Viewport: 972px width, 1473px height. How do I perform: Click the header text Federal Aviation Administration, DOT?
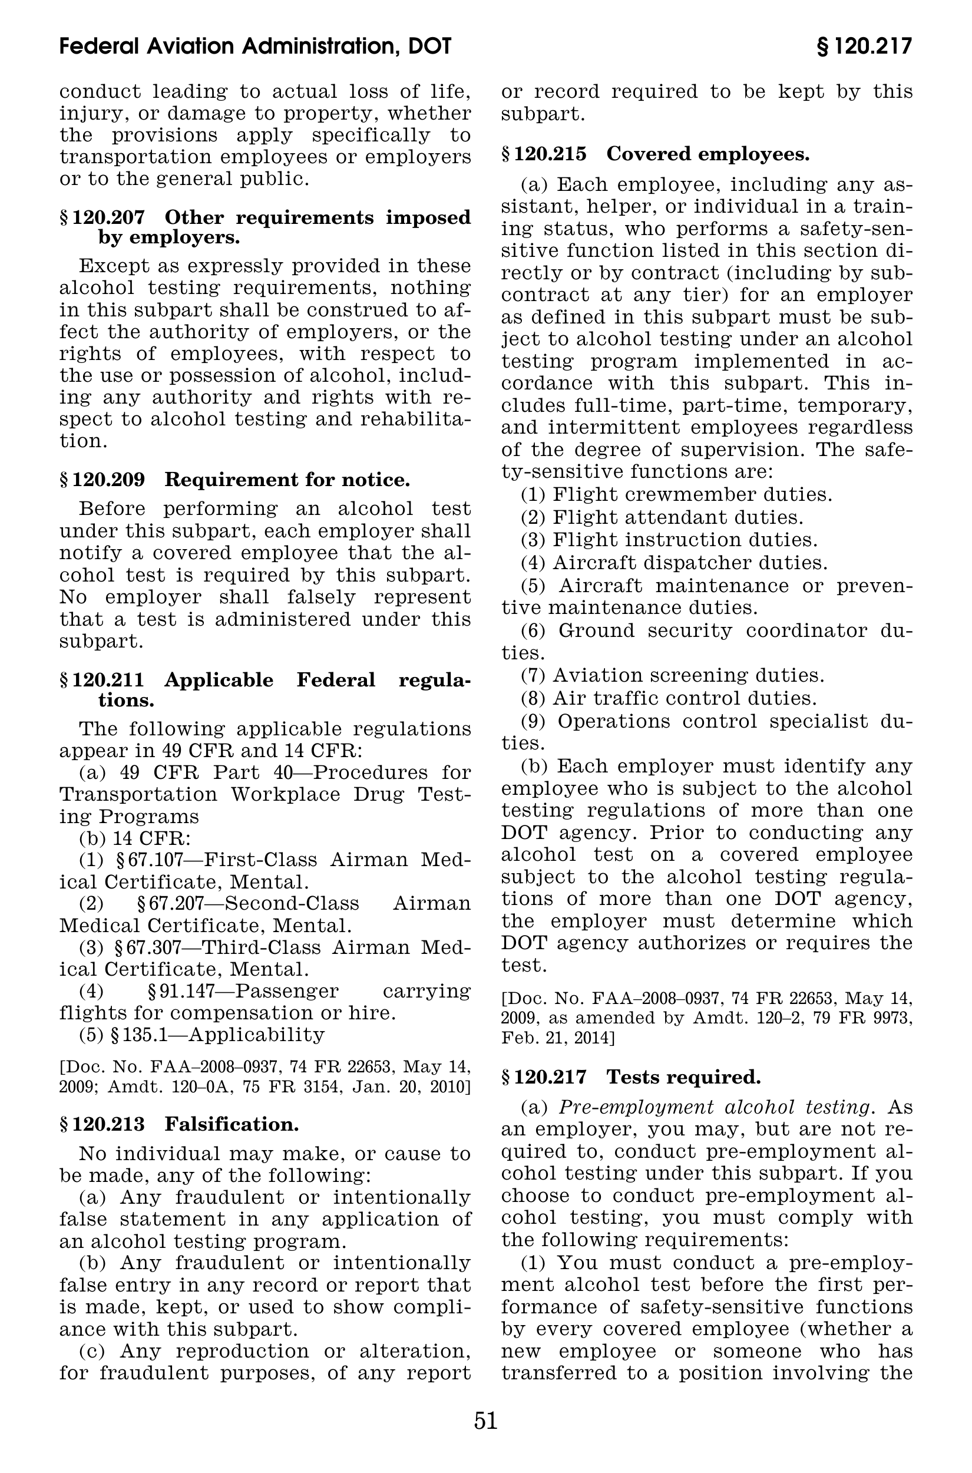256,47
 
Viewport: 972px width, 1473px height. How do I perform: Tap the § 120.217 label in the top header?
864,47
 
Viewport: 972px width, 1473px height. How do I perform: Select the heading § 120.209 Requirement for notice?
235,480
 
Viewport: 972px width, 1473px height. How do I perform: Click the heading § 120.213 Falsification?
179,1124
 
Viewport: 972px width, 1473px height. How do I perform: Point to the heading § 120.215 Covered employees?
655,154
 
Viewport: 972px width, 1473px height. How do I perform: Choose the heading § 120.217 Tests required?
630,1077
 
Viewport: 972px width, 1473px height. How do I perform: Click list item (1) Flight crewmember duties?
676,495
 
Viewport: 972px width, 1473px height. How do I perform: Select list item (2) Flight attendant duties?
662,517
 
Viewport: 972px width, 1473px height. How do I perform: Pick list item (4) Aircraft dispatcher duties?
674,563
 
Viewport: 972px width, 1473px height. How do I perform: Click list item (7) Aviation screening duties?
672,675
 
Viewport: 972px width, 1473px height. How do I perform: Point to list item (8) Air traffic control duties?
668,698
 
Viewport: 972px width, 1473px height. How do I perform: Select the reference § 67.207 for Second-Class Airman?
174,903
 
